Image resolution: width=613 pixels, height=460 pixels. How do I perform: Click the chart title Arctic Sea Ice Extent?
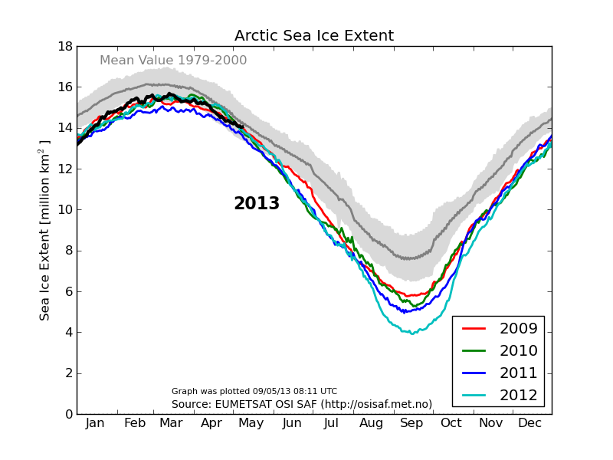[314, 36]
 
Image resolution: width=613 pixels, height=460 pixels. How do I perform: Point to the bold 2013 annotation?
[257, 204]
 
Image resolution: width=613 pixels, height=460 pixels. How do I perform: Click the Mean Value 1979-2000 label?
[173, 61]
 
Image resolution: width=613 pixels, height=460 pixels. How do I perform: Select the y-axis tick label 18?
[64, 46]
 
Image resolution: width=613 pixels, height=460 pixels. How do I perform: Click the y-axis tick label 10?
[64, 209]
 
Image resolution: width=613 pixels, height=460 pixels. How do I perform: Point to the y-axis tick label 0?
[68, 414]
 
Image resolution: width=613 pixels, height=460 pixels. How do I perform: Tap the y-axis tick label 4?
[68, 332]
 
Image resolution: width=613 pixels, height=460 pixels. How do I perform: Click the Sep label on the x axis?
[411, 423]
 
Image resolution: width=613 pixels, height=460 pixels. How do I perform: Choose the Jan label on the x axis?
[95, 423]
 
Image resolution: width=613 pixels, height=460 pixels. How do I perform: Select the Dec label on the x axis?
[530, 423]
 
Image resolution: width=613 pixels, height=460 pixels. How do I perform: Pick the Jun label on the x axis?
[292, 423]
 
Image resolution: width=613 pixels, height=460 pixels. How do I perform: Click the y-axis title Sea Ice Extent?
[45, 230]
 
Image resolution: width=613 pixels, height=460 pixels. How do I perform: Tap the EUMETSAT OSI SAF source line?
[302, 404]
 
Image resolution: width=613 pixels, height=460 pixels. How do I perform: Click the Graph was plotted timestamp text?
[254, 391]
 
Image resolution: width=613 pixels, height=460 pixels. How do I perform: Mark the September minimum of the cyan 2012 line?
[411, 333]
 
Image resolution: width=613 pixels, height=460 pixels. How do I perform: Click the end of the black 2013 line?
[242, 127]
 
